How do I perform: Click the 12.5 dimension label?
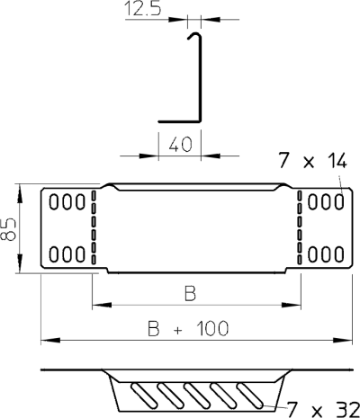click(143, 8)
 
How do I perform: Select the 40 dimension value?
click(180, 145)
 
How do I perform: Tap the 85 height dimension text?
click(8, 229)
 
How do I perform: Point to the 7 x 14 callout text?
click(312, 161)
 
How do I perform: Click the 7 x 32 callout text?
click(323, 409)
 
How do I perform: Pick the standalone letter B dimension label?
click(190, 294)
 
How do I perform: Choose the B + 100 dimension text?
click(188, 328)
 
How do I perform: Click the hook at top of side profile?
click(194, 35)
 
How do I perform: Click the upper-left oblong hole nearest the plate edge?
click(54, 201)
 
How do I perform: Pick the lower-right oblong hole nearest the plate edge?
click(339, 254)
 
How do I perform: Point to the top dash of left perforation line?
click(94, 195)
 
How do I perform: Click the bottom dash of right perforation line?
click(300, 260)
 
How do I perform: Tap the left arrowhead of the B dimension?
click(102, 305)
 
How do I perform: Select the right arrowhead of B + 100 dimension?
click(343, 340)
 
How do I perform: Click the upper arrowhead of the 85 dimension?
click(20, 194)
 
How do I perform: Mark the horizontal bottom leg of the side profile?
click(179, 121)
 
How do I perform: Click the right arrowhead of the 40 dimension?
click(211, 156)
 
